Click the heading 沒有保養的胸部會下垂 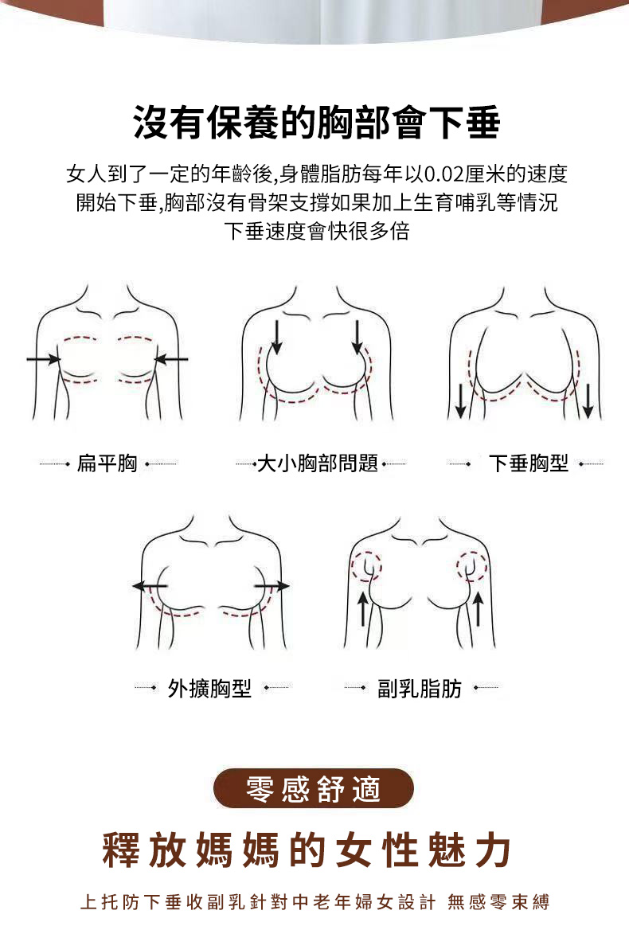[317, 123]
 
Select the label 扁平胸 [107, 463]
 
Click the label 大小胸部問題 [318, 463]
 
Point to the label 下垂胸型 [529, 463]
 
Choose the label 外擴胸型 [209, 688]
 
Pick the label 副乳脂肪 [420, 688]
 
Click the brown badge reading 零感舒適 [314, 788]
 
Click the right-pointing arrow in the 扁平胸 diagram [44, 358]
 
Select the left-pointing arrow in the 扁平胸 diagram [170, 358]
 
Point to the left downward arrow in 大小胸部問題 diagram [275, 338]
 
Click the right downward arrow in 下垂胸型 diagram [588, 400]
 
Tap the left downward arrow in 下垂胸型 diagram [461, 400]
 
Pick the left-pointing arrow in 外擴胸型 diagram [150, 586]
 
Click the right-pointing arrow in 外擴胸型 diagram [272, 586]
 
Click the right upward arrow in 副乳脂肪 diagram [479, 609]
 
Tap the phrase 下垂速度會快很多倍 [317, 231]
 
